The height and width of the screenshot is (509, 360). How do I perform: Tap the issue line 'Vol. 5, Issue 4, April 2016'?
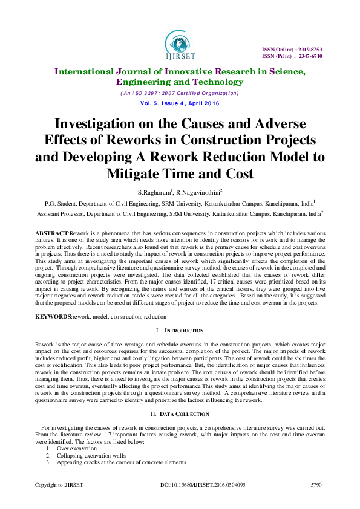(x=179, y=104)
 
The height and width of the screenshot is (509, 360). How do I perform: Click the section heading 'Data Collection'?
(x=183, y=413)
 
